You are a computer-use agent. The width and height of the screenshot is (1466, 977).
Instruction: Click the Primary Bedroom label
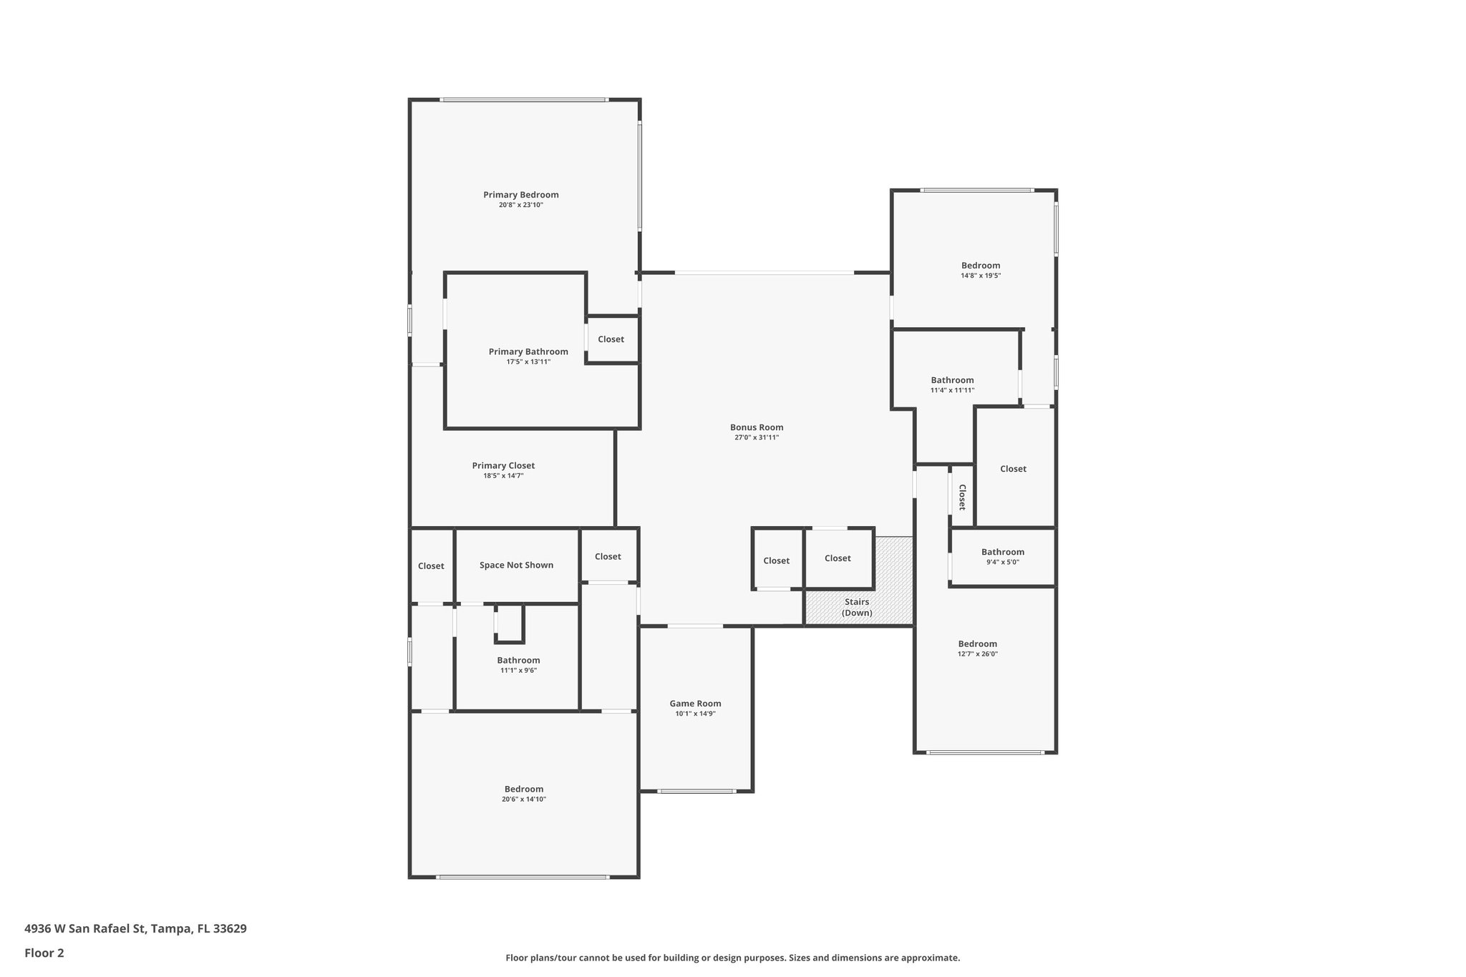coord(520,195)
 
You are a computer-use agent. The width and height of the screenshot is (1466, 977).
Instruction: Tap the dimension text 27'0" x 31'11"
coord(757,437)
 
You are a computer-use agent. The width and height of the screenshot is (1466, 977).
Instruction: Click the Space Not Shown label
coord(516,565)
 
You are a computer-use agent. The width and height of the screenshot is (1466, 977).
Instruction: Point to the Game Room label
coord(695,704)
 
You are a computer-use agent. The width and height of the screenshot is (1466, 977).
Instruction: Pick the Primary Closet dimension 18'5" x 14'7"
coord(503,475)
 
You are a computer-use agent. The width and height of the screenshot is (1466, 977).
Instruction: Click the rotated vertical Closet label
coord(962,497)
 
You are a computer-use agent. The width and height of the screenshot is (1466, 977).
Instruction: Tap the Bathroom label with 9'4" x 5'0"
coord(1002,552)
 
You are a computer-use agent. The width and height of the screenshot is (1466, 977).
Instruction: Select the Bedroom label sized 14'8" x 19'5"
coord(981,266)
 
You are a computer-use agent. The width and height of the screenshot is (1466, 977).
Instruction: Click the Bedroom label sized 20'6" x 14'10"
coord(523,789)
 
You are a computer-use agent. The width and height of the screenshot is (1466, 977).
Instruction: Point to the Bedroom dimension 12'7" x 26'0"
coord(977,653)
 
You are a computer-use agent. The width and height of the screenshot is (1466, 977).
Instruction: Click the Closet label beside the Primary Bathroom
coord(611,339)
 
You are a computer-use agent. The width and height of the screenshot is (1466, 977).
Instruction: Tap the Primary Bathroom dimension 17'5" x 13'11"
coord(528,361)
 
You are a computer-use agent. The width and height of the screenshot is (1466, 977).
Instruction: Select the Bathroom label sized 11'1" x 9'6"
coord(518,660)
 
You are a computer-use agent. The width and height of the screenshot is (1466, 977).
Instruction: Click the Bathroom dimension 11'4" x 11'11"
coord(952,390)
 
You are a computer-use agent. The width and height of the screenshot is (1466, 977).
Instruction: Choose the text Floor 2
coord(44,953)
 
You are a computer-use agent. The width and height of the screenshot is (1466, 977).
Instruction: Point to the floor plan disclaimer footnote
coord(732,958)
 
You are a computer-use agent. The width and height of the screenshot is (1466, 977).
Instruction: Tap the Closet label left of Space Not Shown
coord(431,565)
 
